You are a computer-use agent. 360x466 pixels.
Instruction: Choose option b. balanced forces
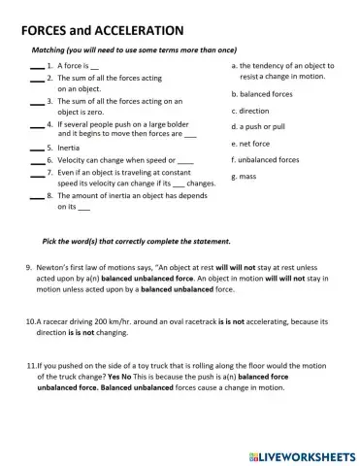coord(261,94)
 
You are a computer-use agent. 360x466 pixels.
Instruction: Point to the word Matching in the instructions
coord(49,50)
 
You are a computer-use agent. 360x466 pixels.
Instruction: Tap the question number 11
coord(29,367)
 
